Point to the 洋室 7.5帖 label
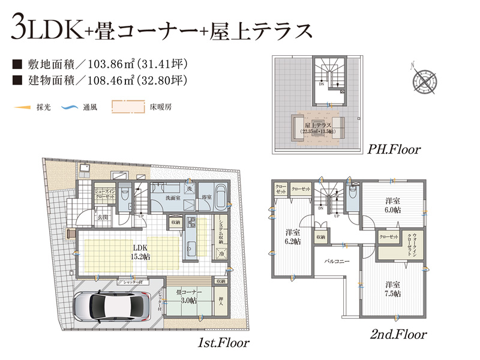point(393,289)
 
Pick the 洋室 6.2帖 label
point(293,236)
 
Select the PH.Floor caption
point(394,149)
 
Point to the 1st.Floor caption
point(223,343)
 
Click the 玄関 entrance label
point(103,217)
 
